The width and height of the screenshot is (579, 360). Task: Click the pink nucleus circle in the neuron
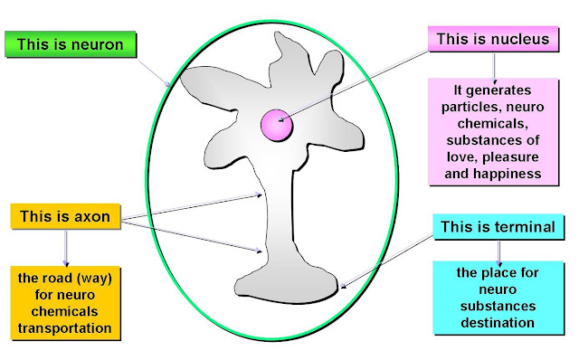(x=277, y=125)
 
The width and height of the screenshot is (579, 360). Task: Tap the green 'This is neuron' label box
(x=71, y=44)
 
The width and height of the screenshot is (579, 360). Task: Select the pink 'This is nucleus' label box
(x=493, y=39)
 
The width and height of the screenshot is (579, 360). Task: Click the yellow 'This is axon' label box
(x=65, y=216)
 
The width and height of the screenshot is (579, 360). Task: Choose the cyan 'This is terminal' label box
(x=498, y=227)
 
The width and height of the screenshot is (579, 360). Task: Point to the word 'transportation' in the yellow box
(x=64, y=328)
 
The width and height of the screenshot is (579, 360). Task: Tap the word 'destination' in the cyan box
(x=498, y=323)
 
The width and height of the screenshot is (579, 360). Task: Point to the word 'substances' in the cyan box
(x=498, y=306)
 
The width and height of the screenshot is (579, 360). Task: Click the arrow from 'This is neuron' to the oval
(x=155, y=72)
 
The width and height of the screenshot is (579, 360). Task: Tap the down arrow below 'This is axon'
(x=66, y=248)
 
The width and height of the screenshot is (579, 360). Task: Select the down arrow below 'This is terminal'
(x=498, y=253)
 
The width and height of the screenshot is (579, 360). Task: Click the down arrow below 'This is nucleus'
(x=494, y=68)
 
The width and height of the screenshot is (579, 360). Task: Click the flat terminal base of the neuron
(x=287, y=285)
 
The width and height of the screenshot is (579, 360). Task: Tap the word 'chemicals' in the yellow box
(x=64, y=312)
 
